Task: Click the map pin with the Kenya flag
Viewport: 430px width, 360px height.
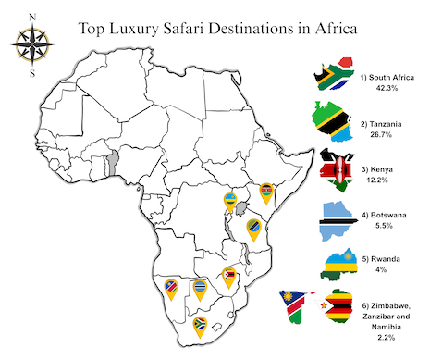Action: [x=267, y=192]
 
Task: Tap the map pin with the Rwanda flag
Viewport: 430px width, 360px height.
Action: [x=229, y=200]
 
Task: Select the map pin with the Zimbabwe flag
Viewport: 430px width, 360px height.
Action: [x=228, y=275]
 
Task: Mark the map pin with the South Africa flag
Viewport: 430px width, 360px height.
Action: [x=200, y=326]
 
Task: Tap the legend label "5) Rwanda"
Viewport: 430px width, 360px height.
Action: [x=379, y=259]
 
